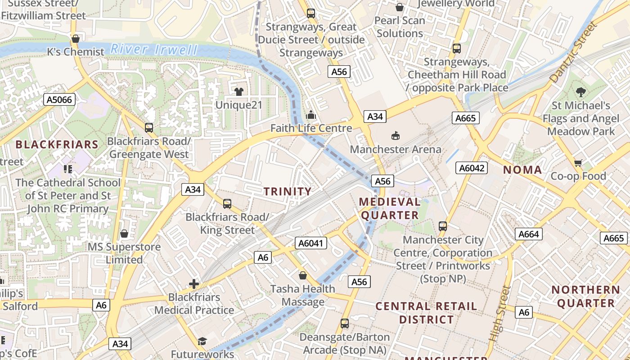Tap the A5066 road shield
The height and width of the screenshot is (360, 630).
coord(60,99)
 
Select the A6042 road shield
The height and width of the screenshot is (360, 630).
coord(472,168)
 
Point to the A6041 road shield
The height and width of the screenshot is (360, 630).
coord(311,243)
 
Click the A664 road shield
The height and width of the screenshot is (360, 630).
coord(529,234)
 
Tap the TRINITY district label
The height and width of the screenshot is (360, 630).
coord(288,191)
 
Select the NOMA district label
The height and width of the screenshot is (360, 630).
coord(522,170)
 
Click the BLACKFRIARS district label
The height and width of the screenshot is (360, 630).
coord(57,144)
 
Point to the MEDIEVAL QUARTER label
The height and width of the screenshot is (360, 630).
coord(390,208)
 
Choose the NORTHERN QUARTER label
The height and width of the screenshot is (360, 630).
coord(586,297)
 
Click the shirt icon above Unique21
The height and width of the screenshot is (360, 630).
coord(238,92)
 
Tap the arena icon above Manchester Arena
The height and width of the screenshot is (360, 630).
coord(396,135)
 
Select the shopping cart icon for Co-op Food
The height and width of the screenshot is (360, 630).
coord(578,162)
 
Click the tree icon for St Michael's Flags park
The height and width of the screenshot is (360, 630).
coord(581,92)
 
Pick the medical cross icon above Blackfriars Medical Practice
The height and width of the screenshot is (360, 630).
coord(194,284)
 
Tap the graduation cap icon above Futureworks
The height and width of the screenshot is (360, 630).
coord(202,341)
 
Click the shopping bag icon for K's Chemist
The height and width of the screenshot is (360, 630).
coord(76,39)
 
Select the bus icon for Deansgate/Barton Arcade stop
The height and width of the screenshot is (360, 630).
coord(345,323)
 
